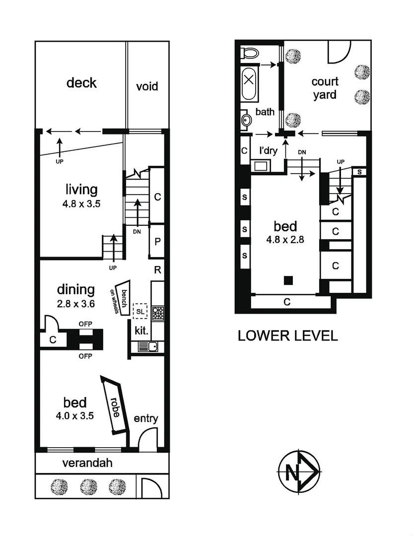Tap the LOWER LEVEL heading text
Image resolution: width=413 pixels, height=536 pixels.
coord(288,335)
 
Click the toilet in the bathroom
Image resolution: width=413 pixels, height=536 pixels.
coord(248,53)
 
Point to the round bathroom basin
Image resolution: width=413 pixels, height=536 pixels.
coord(246,120)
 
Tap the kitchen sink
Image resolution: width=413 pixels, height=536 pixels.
coord(147,346)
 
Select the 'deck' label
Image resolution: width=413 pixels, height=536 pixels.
coord(81,82)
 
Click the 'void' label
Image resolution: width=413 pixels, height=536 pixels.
coord(147,86)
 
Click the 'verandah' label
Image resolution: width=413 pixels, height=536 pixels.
coord(87,464)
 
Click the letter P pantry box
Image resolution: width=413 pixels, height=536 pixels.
coord(157,241)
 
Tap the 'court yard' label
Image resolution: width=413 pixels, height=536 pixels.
coord(325,88)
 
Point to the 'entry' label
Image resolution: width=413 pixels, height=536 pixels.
coord(146,419)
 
